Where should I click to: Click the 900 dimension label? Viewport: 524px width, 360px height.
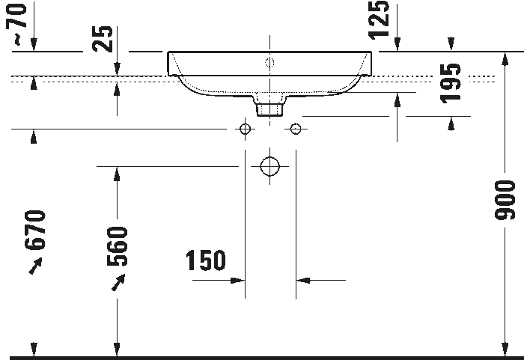[x=505, y=200]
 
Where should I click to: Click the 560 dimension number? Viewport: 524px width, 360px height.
[x=117, y=246]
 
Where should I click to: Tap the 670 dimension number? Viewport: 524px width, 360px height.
[x=34, y=230]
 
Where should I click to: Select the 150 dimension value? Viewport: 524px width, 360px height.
[x=206, y=260]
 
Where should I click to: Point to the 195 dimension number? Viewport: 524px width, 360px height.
[x=451, y=84]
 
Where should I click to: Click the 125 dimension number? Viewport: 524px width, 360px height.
[x=379, y=19]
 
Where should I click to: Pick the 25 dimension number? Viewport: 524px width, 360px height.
[x=103, y=39]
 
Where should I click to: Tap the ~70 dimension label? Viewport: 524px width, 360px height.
[x=16, y=23]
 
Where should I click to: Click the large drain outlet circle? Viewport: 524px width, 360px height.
[x=269, y=166]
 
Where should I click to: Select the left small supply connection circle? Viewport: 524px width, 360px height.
[x=245, y=129]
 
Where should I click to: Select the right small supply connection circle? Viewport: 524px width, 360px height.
[x=296, y=129]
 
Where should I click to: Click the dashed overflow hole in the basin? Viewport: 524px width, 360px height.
[x=269, y=63]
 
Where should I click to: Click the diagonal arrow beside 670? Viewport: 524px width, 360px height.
[x=35, y=266]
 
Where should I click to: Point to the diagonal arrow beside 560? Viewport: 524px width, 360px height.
[x=118, y=282]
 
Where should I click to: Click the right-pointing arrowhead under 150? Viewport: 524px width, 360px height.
[x=238, y=280]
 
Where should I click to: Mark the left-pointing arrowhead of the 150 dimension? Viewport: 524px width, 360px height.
[x=302, y=280]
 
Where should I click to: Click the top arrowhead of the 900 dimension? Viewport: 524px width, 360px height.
[x=505, y=59]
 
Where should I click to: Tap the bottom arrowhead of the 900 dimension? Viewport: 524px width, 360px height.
[x=505, y=350]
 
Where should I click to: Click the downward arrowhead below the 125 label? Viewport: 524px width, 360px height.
[x=397, y=44]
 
